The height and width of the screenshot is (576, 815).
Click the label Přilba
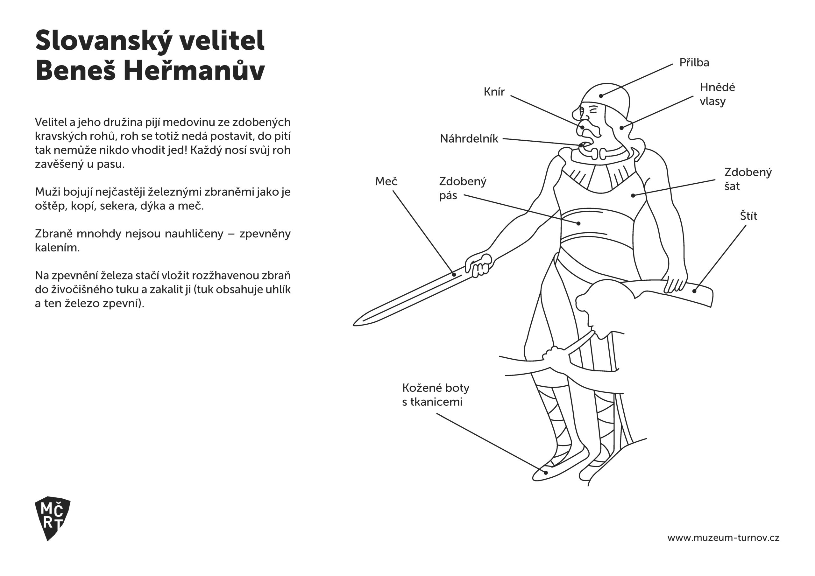pyautogui.click(x=694, y=63)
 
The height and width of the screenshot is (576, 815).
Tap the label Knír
pyautogui.click(x=494, y=92)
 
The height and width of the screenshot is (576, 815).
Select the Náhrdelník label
pyautogui.click(x=469, y=139)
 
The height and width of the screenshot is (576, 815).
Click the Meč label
pyautogui.click(x=386, y=181)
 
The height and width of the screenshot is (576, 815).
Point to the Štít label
pyautogui.click(x=748, y=216)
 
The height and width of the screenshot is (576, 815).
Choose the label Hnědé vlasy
pyautogui.click(x=717, y=94)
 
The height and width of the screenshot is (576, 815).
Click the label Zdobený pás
pyautogui.click(x=462, y=188)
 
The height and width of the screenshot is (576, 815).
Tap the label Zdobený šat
pyautogui.click(x=748, y=179)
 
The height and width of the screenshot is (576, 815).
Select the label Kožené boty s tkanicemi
pyautogui.click(x=436, y=395)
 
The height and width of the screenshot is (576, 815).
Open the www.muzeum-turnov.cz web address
pyautogui.click(x=723, y=538)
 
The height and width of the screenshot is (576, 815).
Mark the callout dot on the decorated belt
pyautogui.click(x=578, y=223)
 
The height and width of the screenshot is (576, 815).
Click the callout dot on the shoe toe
pyautogui.click(x=546, y=472)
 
